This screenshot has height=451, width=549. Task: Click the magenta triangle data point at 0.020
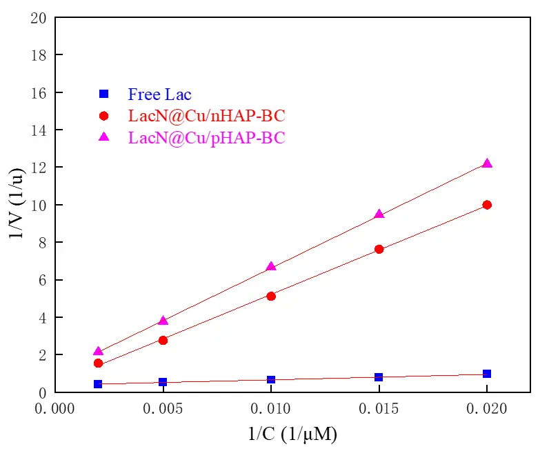pyautogui.click(x=487, y=163)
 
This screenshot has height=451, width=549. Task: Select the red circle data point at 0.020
pyautogui.click(x=487, y=205)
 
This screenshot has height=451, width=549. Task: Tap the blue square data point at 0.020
pyautogui.click(x=487, y=374)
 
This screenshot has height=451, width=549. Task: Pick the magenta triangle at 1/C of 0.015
pyautogui.click(x=379, y=214)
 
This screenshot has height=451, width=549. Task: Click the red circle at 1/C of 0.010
pyautogui.click(x=271, y=297)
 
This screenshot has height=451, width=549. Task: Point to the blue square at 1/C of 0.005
pyautogui.click(x=163, y=381)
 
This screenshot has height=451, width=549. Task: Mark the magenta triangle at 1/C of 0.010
pyautogui.click(x=271, y=266)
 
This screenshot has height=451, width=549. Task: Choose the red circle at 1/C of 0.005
pyautogui.click(x=163, y=341)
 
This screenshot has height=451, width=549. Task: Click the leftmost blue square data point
pyautogui.click(x=98, y=384)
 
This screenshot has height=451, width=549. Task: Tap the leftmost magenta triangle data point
pyautogui.click(x=98, y=351)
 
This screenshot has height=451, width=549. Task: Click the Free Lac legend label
pyautogui.click(x=159, y=94)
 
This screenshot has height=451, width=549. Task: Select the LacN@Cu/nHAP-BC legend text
pyautogui.click(x=207, y=116)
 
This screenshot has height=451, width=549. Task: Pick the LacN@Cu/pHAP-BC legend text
pyautogui.click(x=207, y=138)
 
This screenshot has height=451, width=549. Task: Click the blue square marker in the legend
pyautogui.click(x=104, y=94)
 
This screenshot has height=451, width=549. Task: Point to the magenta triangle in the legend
pyautogui.click(x=104, y=137)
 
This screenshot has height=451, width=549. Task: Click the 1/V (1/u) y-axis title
pyautogui.click(x=17, y=204)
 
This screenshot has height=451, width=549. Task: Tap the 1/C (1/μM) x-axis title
pyautogui.click(x=292, y=434)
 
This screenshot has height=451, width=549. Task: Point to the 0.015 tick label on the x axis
pyautogui.click(x=379, y=409)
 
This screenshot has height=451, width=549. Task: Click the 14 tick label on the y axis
pyautogui.click(x=39, y=130)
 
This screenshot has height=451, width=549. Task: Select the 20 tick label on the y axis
pyautogui.click(x=39, y=17)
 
